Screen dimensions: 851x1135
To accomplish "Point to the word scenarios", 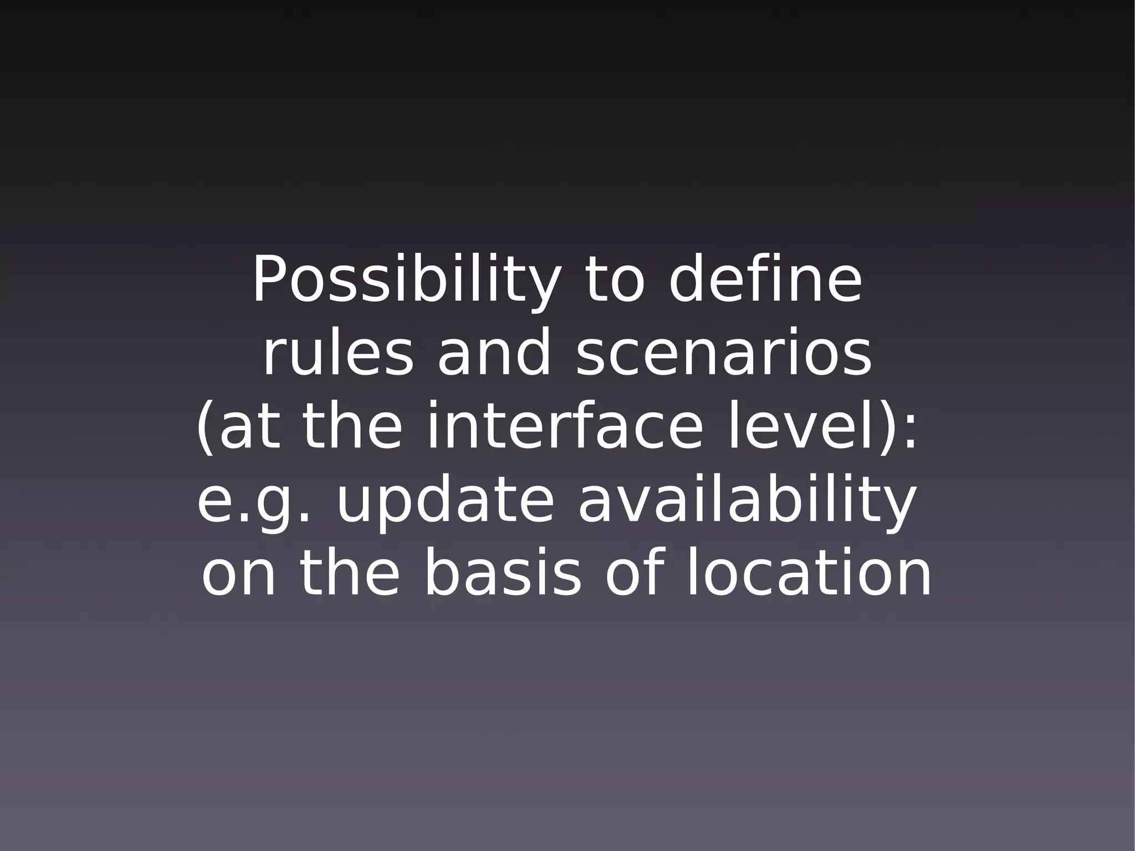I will click(x=723, y=354).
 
